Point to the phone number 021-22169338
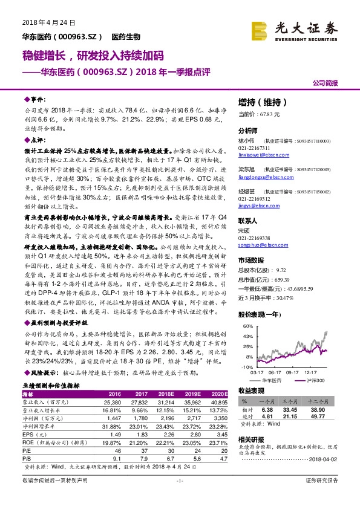point(254,238)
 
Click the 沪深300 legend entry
point(316,380)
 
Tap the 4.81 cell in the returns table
point(266,416)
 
